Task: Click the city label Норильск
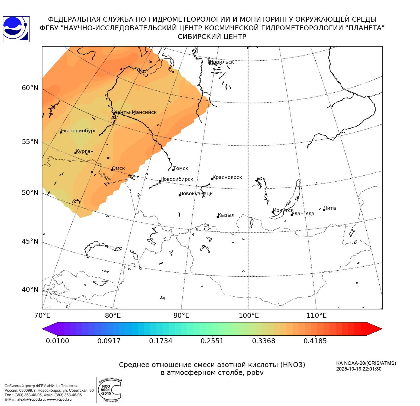coord(222,62)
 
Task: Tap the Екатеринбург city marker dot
coord(61,132)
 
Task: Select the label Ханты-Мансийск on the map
coord(135,112)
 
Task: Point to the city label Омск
coord(118,168)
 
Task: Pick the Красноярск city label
coord(227,177)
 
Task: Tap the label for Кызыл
coord(226,215)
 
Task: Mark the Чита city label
coord(330,208)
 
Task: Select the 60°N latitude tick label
coord(30,88)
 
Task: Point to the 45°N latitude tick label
coord(30,241)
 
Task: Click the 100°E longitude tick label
coord(249,315)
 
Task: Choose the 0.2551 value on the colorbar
coord(212,341)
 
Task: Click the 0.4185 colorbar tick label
coord(315,341)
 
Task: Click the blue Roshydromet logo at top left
coord(16,29)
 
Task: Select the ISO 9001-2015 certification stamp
coord(109,390)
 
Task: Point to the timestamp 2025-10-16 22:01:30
coord(359,369)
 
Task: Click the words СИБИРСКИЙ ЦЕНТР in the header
coord(212,37)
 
